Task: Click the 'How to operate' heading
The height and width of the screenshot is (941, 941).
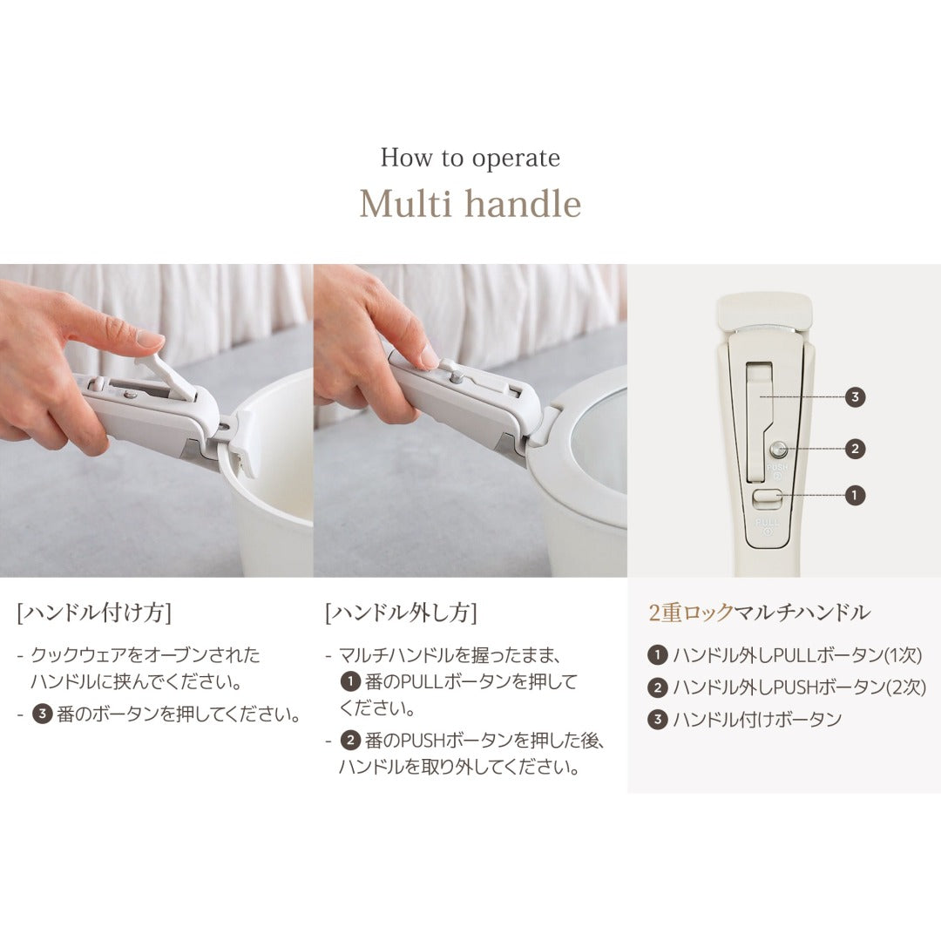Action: click(x=470, y=159)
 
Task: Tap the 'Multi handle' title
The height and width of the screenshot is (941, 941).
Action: click(x=470, y=204)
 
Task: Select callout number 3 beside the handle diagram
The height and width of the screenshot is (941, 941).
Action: click(x=856, y=396)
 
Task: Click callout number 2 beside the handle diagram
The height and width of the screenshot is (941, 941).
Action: click(x=856, y=449)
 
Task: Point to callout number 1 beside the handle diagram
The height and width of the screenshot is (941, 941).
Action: click(x=856, y=494)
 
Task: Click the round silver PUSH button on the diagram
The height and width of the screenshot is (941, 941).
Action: click(x=778, y=450)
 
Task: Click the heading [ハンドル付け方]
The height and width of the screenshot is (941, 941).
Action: click(x=94, y=613)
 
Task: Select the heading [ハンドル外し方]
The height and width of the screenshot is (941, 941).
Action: click(x=401, y=613)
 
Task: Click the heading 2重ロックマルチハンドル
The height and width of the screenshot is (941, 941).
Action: click(x=759, y=613)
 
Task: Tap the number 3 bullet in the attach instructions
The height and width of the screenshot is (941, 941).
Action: click(x=42, y=715)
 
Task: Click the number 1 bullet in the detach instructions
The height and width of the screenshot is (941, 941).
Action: click(x=349, y=681)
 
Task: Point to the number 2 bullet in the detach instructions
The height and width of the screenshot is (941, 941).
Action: click(x=349, y=741)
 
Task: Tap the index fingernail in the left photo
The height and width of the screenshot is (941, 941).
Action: click(x=151, y=338)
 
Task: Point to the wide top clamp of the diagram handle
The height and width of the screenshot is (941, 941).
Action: click(x=764, y=311)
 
